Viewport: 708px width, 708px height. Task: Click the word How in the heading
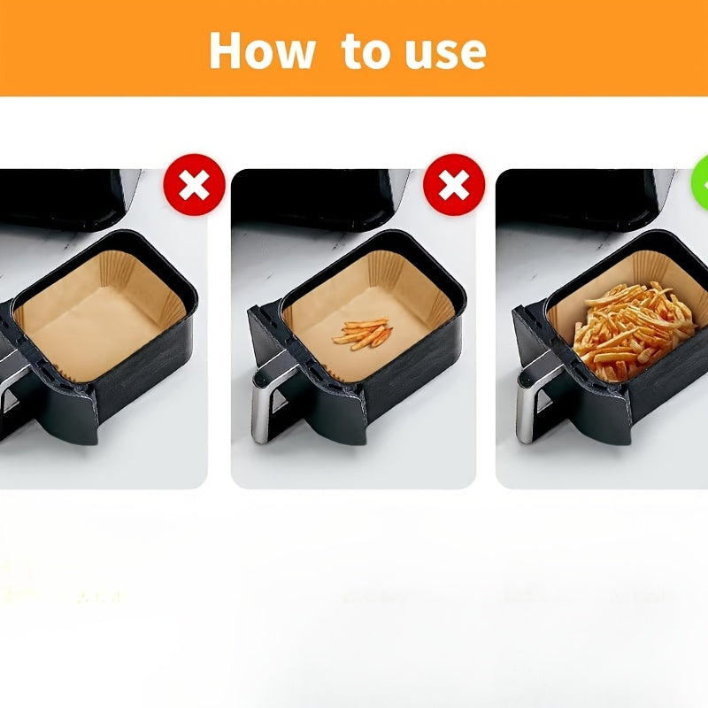click(262, 50)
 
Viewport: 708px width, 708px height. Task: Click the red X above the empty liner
click(194, 185)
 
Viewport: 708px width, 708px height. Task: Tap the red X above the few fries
click(454, 185)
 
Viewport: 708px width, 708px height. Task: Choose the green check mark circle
click(700, 185)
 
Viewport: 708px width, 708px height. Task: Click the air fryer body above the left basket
click(68, 198)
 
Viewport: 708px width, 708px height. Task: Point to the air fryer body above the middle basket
click(316, 198)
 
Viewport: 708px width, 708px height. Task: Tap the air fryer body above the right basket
click(582, 198)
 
